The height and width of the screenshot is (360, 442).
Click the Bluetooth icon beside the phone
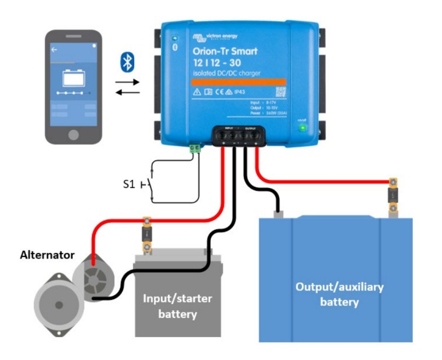(128, 61)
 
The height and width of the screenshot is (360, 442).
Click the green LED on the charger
(301, 128)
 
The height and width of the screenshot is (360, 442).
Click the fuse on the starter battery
(147, 236)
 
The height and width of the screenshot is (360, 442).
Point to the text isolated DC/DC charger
(226, 73)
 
